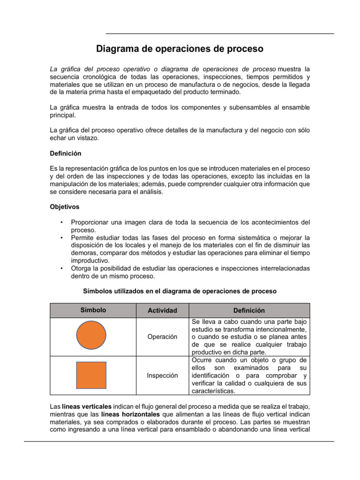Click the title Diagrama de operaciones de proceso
[x=180, y=49]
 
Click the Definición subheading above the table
[x=65, y=153]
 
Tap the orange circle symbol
[x=91, y=337]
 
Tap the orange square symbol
[x=91, y=375]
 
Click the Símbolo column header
[x=93, y=310]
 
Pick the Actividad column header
[x=162, y=310]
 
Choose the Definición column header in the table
[x=249, y=310]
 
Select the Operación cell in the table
[x=162, y=337]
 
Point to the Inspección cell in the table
[x=162, y=375]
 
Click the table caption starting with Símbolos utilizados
[x=180, y=291]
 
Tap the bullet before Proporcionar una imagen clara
[x=61, y=222]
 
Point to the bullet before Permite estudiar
[x=61, y=238]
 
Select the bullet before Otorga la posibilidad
[x=61, y=268]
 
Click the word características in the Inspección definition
[x=213, y=390]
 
